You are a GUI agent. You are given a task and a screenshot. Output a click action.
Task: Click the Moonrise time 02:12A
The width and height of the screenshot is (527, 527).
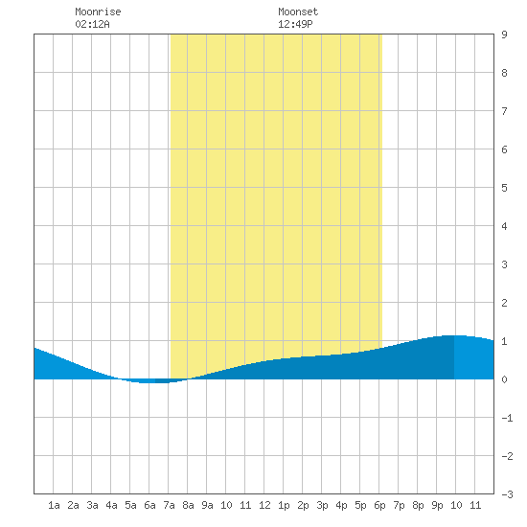point(92,24)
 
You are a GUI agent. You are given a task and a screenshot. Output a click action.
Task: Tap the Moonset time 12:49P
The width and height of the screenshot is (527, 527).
point(295,24)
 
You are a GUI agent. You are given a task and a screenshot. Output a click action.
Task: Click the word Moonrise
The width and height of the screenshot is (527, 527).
point(98,11)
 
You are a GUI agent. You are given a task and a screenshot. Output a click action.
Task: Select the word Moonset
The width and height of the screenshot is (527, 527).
point(298,11)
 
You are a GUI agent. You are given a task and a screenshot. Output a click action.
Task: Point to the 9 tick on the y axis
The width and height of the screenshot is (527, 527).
point(504,34)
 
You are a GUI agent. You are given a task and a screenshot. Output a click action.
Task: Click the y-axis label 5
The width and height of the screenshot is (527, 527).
point(504,188)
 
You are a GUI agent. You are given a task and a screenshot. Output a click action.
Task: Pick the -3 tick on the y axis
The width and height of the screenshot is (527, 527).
point(507,494)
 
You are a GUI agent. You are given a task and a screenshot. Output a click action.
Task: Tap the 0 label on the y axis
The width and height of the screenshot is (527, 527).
point(504,379)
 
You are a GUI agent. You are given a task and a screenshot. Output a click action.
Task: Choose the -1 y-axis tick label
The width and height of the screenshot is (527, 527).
point(507,418)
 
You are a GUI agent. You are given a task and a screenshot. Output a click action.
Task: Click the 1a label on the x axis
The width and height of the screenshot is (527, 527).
point(54,505)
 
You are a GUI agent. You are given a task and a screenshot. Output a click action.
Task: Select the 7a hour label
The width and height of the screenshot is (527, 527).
point(169,505)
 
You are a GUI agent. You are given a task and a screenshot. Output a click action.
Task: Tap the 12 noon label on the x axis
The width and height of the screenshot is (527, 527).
point(264,505)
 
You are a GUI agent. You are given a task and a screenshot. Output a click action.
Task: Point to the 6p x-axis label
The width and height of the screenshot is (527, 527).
point(379,505)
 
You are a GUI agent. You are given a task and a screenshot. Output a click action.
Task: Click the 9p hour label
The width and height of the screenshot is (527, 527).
point(437,505)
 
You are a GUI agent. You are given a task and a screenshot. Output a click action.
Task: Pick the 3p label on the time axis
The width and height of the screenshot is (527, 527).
point(322,505)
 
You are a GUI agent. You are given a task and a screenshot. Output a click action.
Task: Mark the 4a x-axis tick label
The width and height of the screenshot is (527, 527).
point(111,505)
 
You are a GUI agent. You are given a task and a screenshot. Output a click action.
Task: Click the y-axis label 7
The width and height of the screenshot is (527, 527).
point(504,111)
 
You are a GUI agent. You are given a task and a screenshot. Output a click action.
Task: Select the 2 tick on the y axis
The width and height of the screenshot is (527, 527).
point(504,303)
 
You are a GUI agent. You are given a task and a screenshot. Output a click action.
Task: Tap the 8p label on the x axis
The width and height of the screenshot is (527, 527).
point(418,505)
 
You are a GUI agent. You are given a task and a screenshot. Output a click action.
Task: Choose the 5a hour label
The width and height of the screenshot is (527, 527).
point(130,505)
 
